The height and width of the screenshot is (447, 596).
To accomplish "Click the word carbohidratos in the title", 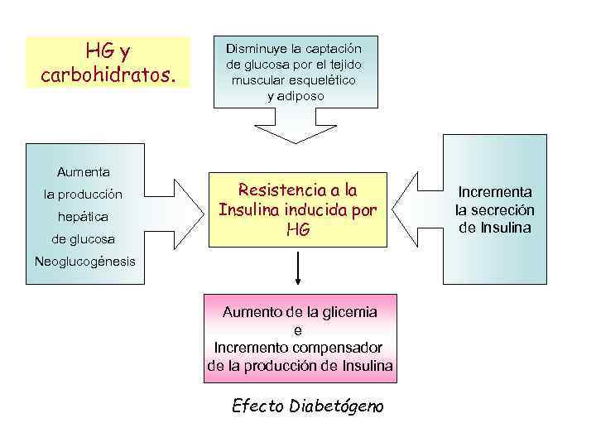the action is point(108,76).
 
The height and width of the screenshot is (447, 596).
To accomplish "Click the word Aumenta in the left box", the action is point(83,172).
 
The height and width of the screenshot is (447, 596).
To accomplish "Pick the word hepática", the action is point(83,217).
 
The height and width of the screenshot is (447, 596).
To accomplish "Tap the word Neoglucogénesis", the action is point(83,262).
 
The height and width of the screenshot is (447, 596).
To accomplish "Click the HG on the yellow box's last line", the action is point(298,231).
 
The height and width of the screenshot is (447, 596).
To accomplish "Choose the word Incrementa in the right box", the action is point(495,191).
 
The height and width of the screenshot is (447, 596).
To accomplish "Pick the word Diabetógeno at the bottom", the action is point(334,407).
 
